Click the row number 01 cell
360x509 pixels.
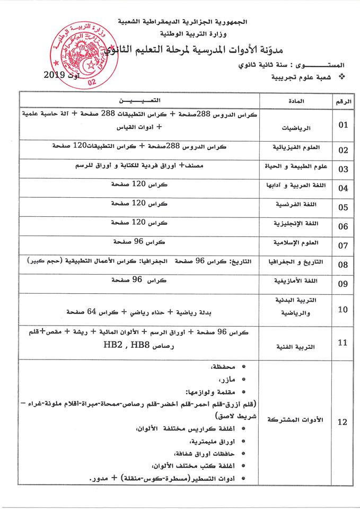coord(343,125)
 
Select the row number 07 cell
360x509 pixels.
coord(343,245)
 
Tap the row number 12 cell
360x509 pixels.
coord(343,422)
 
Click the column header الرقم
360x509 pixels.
coord(343,100)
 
